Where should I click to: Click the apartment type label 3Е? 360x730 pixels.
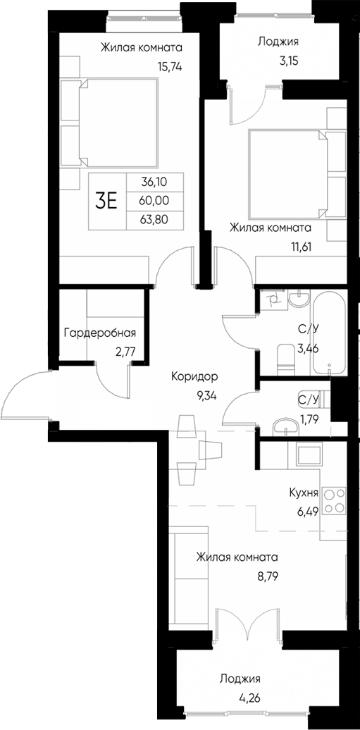click(x=106, y=201)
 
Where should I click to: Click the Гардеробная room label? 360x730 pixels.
click(x=99, y=333)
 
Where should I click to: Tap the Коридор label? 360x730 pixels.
click(x=194, y=377)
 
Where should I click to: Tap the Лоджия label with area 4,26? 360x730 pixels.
click(x=240, y=679)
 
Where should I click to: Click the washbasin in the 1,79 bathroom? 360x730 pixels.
click(x=284, y=426)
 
